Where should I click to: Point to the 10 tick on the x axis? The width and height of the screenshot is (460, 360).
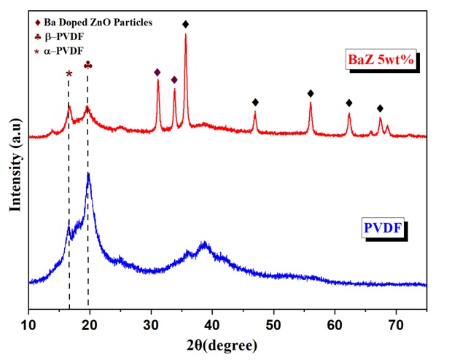click(28, 321)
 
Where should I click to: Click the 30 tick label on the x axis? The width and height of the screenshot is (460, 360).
click(151, 321)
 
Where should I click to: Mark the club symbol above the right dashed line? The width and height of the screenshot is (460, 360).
click(88, 66)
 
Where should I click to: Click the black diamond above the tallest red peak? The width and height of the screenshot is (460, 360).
click(186, 25)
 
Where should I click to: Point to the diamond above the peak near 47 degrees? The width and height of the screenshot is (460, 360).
click(255, 102)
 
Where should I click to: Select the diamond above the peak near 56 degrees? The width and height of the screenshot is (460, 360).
click(311, 93)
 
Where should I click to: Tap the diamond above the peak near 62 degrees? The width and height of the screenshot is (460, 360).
click(349, 103)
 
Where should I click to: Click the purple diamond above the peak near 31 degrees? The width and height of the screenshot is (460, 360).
click(157, 72)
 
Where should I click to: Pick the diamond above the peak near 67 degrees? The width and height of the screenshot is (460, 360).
click(380, 109)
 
